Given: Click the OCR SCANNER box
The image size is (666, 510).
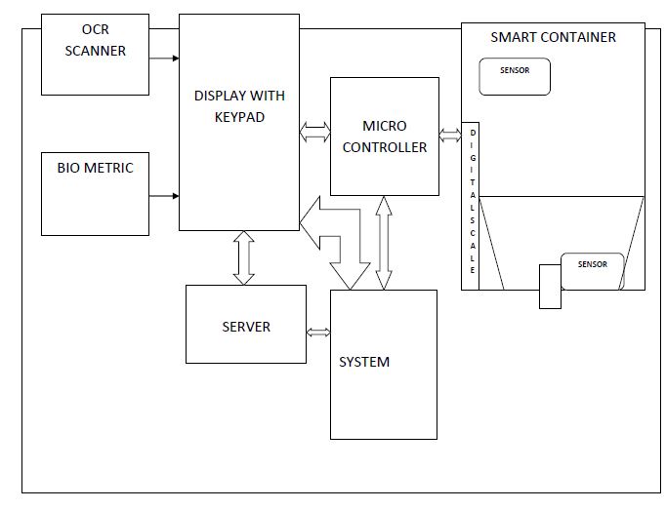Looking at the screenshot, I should click(95, 54).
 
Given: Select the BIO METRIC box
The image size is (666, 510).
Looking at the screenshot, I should click(95, 193).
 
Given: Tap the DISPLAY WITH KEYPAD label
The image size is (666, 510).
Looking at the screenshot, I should click(238, 106).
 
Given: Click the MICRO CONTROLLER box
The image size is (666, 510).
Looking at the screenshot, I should click(383, 137).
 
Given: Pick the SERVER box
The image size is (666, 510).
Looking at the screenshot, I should click(245, 325).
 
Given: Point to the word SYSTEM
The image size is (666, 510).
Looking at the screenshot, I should click(364, 362).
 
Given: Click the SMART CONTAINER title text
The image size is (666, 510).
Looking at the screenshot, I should click(553, 37).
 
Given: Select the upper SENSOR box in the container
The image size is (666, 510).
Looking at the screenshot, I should click(515, 77).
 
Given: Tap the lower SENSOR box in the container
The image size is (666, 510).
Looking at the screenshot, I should click(592, 270).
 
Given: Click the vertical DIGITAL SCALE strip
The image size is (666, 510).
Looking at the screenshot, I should click(474, 206).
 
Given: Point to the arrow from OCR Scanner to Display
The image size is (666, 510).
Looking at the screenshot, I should click(164, 59).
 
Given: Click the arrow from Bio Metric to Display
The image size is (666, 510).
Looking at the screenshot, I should click(164, 196).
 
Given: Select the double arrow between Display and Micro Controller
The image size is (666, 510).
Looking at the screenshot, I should click(314, 133).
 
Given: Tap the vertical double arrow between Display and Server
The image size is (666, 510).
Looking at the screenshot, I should click(243, 257).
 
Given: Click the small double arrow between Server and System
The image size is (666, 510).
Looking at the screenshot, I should click(318, 333).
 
